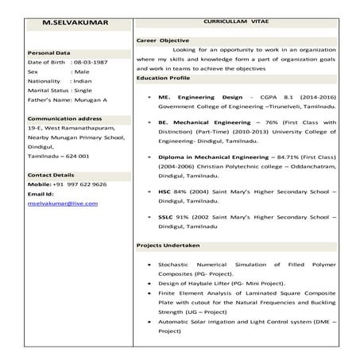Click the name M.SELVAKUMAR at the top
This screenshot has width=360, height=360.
tap(69, 22)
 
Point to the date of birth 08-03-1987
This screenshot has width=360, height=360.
tap(93, 61)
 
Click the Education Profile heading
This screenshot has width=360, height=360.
tap(164, 78)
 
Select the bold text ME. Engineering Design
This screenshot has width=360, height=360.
tap(195, 95)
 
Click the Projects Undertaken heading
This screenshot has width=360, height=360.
tap(168, 244)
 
